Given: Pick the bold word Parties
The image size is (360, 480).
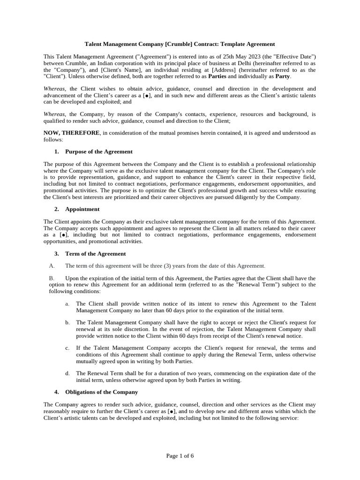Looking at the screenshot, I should click(217, 76).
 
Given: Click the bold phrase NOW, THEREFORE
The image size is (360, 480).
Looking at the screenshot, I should click(71, 133).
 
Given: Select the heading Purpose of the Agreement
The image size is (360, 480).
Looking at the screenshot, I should click(98, 151).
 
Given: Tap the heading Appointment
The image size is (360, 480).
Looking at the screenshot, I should click(82, 209).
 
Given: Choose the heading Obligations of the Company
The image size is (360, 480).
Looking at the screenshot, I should click(101, 392).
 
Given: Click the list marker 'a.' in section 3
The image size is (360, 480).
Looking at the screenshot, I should click(67, 304).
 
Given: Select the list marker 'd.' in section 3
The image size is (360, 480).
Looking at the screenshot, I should click(67, 374).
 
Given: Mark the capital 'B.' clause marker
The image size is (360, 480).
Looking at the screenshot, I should click(52, 278).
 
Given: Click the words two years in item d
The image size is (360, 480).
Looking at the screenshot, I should click(180, 374).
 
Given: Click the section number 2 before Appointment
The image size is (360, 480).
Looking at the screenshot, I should click(56, 209).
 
